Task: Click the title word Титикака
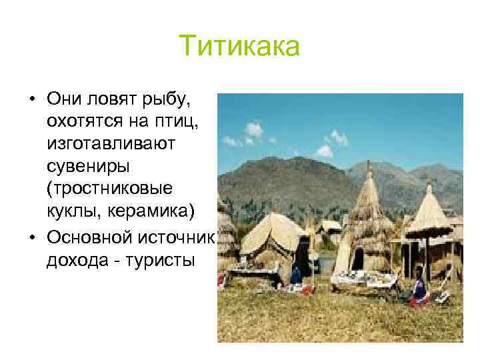tap(240, 47)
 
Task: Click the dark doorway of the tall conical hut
tap(358, 258)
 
